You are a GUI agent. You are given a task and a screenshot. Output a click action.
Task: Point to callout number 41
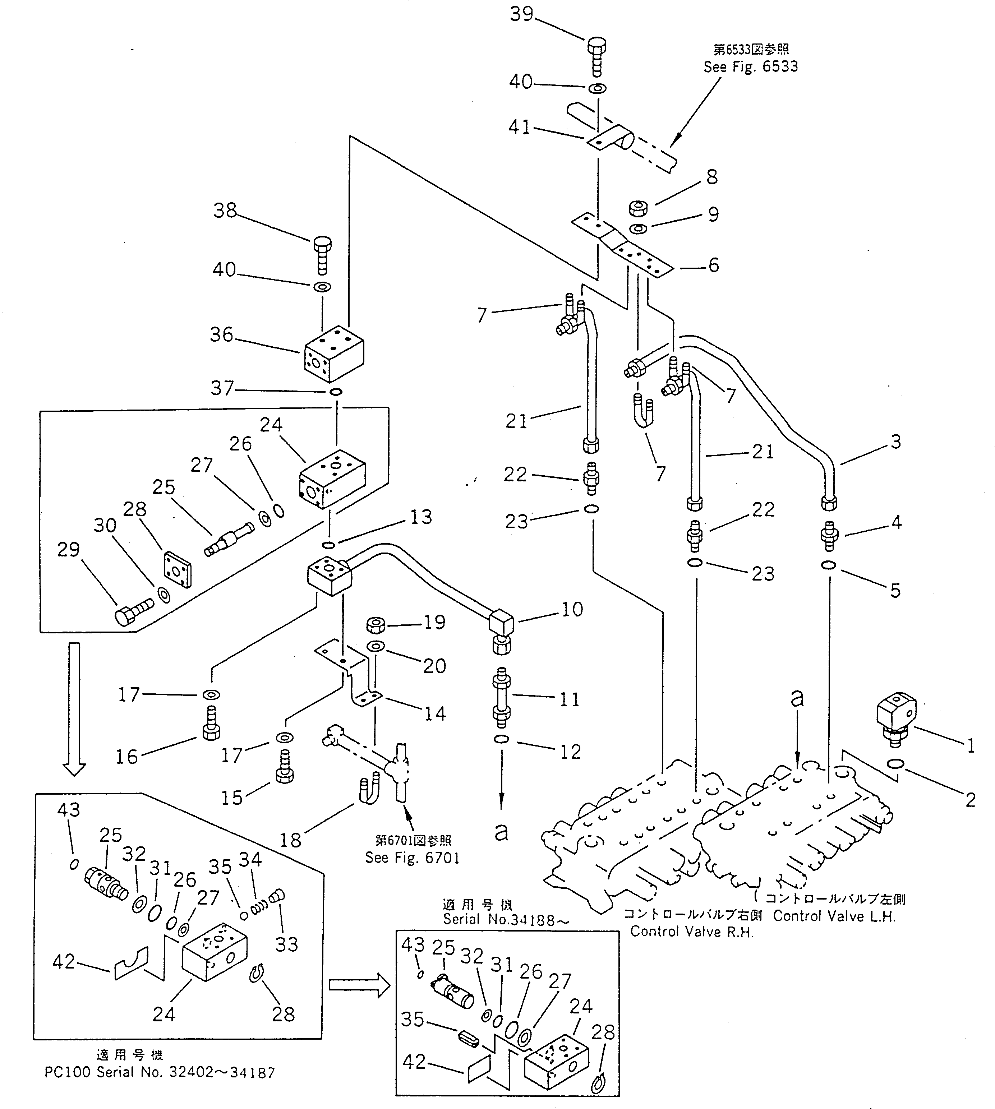[519, 127]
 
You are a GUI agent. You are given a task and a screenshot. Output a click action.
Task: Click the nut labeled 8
[639, 208]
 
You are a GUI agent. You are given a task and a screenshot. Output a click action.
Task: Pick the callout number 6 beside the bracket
[713, 265]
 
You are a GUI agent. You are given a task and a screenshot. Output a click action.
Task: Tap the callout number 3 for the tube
[895, 441]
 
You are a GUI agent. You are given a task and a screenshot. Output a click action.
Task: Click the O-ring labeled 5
[829, 565]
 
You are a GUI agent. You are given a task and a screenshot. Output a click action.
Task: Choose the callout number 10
[572, 609]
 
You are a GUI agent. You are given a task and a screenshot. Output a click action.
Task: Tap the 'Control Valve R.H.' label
[692, 932]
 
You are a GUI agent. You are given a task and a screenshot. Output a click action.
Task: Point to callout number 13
[421, 517]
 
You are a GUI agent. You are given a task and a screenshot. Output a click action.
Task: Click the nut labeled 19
[376, 624]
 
